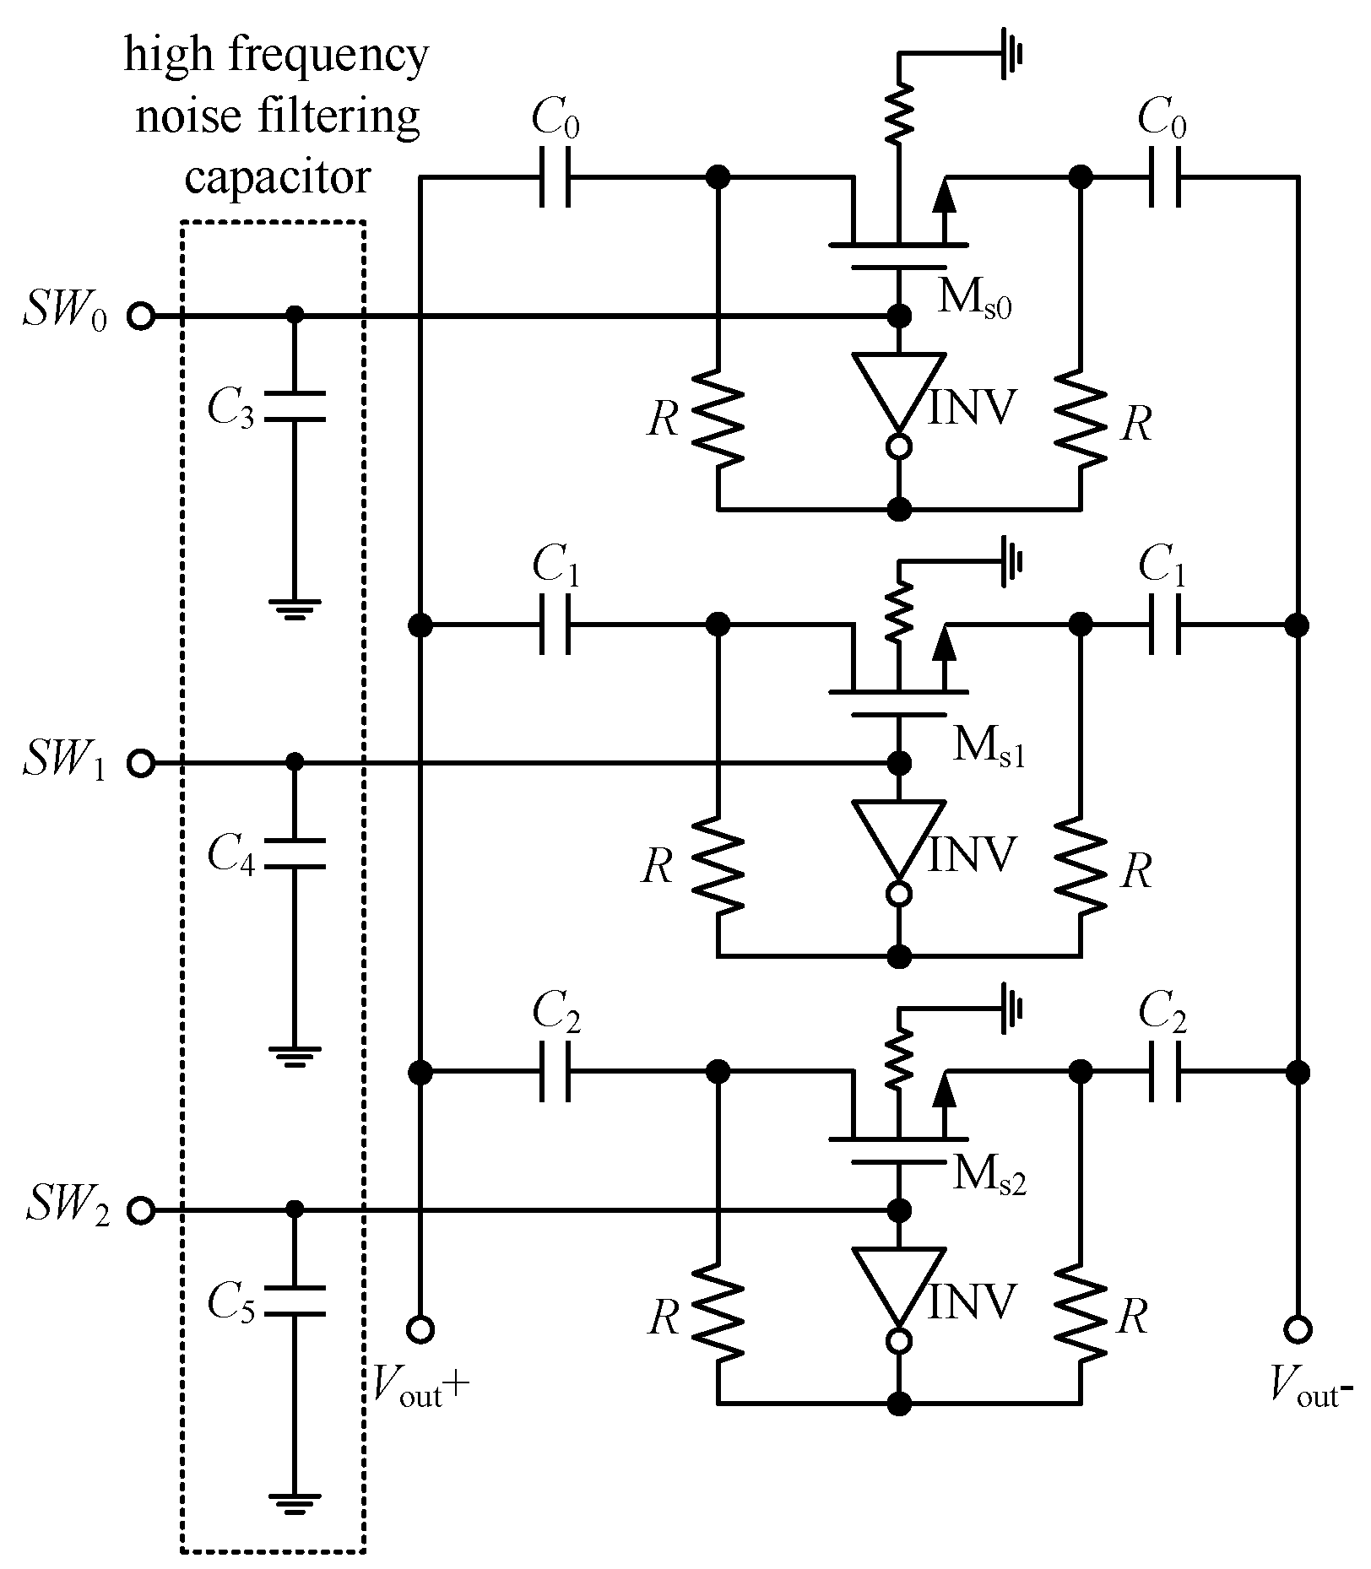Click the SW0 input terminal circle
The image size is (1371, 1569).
point(141,317)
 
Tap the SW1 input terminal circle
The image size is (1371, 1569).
point(141,764)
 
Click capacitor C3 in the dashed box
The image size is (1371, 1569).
point(294,406)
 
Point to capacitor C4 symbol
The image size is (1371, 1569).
point(294,853)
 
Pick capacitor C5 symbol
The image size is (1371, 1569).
point(294,1301)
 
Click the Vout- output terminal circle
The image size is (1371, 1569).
point(1298,1329)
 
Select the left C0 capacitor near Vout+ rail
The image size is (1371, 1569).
point(555,178)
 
